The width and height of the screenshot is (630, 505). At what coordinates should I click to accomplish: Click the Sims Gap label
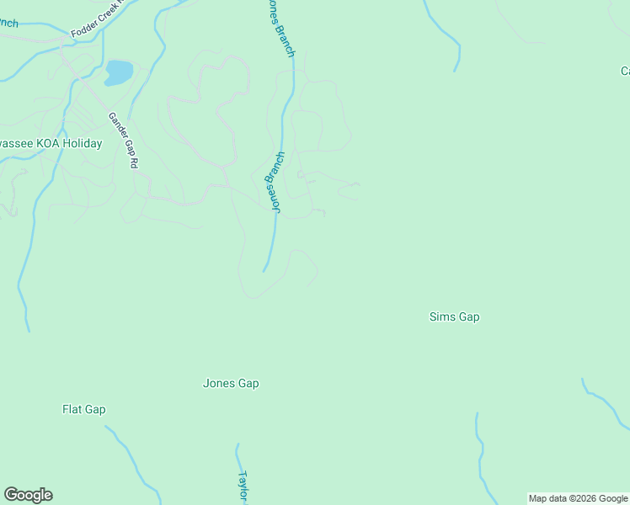point(454,317)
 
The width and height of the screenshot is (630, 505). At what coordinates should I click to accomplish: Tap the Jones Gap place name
point(231,384)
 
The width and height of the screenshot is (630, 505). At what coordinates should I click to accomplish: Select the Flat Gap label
point(84,410)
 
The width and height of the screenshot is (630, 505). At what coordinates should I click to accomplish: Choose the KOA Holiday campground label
point(51,144)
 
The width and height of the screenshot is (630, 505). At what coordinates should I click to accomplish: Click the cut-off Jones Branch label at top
point(281,28)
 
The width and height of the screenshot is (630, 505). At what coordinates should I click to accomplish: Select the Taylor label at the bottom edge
point(244,486)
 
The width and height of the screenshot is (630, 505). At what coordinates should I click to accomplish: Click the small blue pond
point(119,72)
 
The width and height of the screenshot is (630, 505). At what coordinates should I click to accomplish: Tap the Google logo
point(28,495)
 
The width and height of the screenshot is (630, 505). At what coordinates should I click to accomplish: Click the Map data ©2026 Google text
point(579,498)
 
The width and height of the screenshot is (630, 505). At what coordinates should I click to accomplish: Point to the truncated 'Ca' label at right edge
point(624,72)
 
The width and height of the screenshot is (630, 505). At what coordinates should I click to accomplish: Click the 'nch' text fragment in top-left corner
point(8,23)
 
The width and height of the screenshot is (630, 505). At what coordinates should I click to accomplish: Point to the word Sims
point(441,317)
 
